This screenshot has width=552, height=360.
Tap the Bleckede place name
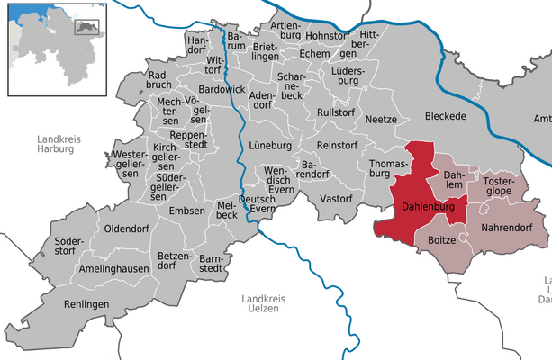click(x=446, y=117)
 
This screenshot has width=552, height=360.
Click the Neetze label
click(x=381, y=119)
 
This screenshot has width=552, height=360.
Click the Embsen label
click(x=186, y=211)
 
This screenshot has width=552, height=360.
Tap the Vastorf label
click(x=336, y=197)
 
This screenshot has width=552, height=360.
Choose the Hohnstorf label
click(x=331, y=36)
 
